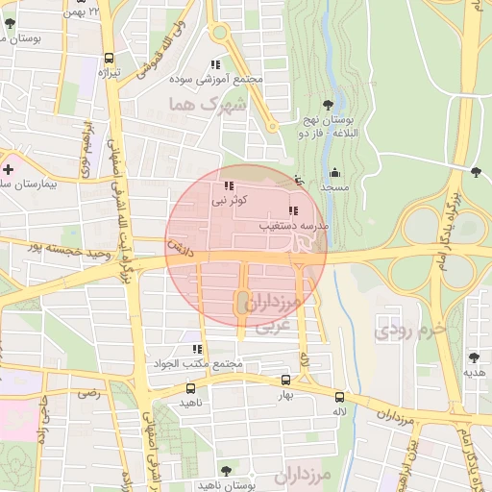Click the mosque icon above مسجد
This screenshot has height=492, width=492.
point(333,173)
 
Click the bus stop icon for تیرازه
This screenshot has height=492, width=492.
point(108,59)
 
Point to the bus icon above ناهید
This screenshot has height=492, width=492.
point(190,389)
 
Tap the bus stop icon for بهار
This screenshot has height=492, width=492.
point(283,381)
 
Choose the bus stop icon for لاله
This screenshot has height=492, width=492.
point(339,397)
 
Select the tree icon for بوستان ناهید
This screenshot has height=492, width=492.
point(226,470)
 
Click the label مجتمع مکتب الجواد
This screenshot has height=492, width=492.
point(198,364)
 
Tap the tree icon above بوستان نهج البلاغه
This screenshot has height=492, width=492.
point(329,102)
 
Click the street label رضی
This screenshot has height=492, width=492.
point(88,393)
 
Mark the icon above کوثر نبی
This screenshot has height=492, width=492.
point(228,186)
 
